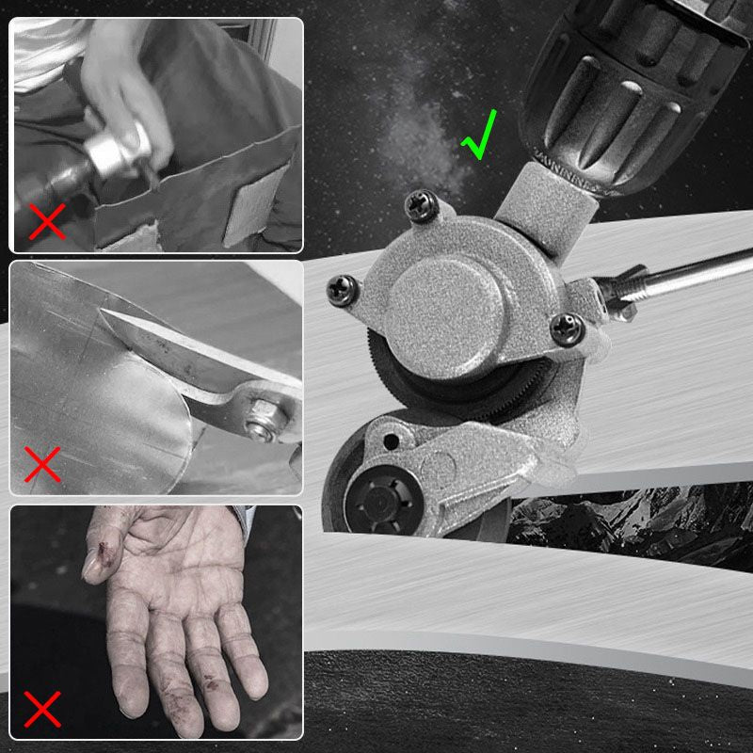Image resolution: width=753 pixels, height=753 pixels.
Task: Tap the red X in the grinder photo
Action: tap(48, 222)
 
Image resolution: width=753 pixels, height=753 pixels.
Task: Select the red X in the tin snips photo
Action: tap(42, 463)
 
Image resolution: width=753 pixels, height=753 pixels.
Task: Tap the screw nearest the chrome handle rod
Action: tap(569, 327)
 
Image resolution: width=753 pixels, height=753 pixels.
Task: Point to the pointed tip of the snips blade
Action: tap(104, 313)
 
